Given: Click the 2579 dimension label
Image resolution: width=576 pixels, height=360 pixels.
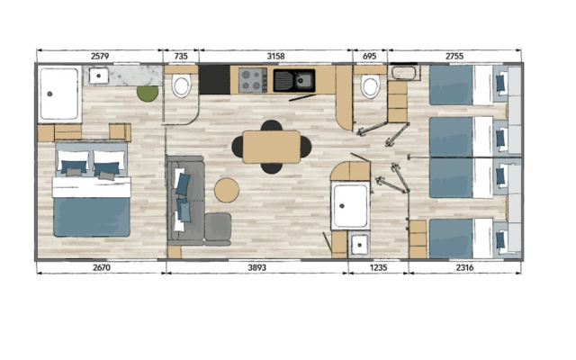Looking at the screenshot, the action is point(100,56).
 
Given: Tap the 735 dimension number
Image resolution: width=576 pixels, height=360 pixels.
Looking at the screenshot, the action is point(181,56).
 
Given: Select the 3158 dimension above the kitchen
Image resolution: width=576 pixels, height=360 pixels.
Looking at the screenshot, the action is point(275,56).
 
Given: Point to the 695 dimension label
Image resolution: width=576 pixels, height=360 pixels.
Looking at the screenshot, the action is point(369,56).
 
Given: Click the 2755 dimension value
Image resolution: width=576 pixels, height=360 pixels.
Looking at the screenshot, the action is point(454,56).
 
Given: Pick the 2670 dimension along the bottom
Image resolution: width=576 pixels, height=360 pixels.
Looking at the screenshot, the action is point(102,267).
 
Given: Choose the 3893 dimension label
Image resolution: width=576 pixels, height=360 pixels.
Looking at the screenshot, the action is point(256,267).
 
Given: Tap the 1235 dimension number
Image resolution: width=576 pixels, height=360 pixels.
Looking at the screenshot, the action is point(378,267).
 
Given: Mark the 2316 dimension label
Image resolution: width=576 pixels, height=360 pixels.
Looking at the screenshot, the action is point(464,267).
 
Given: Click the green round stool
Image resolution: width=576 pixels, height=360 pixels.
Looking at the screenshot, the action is point(148,94).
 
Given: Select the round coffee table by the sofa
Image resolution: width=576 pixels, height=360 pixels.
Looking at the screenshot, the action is point(227,190).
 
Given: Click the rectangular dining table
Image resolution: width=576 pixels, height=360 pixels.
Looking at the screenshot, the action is point(272,147).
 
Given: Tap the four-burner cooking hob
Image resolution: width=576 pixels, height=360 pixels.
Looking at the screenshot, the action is point(253,80).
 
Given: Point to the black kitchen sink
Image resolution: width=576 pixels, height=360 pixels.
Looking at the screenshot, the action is point(294,80).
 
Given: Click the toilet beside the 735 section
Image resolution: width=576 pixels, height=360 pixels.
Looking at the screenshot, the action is point(181,85).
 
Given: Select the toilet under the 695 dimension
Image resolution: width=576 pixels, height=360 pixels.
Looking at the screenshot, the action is point(370,86).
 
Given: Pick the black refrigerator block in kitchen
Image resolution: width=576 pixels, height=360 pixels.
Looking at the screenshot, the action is point(215,80).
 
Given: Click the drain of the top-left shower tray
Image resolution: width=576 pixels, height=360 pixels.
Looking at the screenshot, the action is point(49,94).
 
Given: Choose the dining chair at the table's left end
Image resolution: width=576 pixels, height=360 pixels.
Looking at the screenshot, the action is point(238,147).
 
